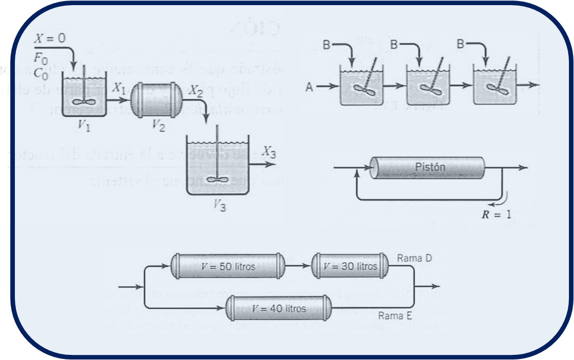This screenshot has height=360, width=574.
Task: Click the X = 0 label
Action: pyautogui.click(x=51, y=37)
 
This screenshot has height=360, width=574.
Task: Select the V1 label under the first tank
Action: pyautogui.click(x=85, y=124)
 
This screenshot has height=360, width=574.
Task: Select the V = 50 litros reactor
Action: pyautogui.click(x=227, y=266)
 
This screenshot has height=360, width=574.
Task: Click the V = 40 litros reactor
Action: pyautogui.click(x=279, y=308)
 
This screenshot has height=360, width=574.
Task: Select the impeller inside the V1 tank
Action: pyautogui.click(x=83, y=101)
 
